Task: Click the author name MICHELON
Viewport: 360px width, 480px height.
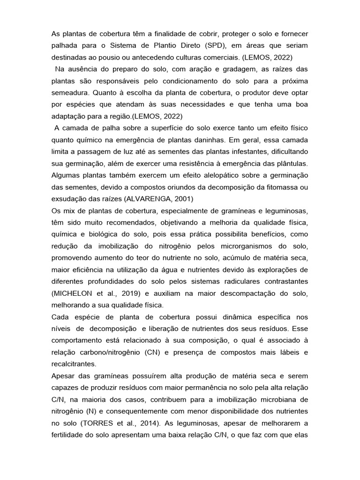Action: coord(75,293)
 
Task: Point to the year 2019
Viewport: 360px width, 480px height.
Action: coord(133,293)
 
